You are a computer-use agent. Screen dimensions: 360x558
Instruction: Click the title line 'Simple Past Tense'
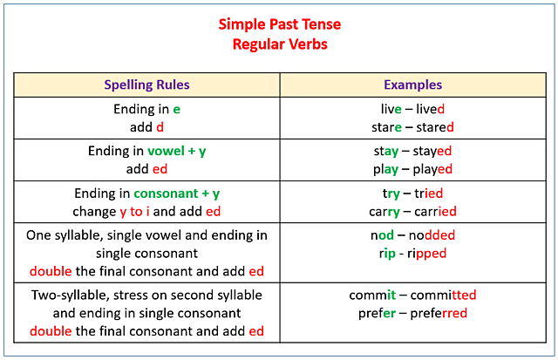[278, 24]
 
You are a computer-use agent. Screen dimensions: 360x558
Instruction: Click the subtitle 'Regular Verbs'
[279, 44]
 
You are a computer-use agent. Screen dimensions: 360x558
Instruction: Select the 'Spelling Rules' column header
[146, 85]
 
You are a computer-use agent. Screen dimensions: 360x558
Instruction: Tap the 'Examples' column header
[412, 85]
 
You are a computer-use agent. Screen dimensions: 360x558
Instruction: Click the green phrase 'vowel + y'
[176, 151]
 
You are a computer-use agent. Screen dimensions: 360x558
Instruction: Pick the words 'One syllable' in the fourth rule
[66, 235]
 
